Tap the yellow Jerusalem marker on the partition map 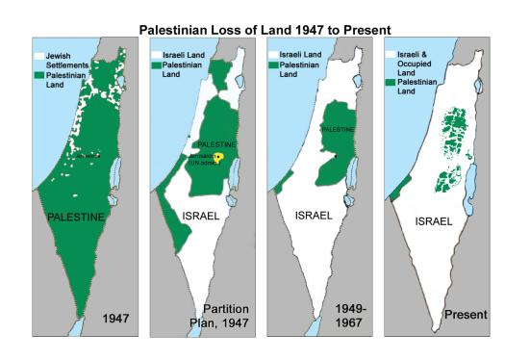tap(218, 158)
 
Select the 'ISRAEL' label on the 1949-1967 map tap(315, 216)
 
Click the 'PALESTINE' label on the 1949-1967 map tap(339, 128)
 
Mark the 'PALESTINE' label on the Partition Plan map tap(216, 143)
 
